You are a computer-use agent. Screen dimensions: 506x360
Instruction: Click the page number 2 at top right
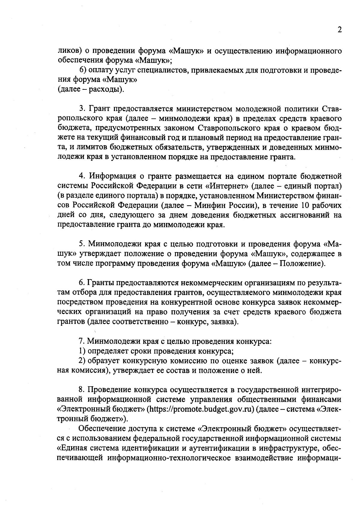tap(339, 30)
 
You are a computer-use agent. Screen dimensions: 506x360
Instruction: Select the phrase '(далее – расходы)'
tap(91, 89)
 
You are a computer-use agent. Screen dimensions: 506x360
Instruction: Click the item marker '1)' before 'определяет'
tap(82, 351)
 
